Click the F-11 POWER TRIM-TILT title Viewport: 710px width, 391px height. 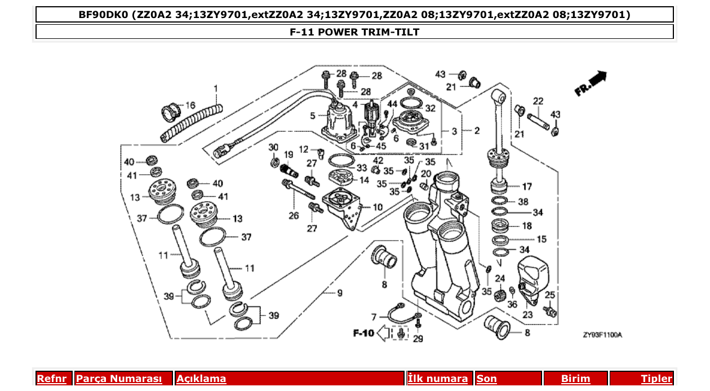[x=354, y=32]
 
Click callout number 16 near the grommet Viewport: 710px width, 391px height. [x=190, y=105]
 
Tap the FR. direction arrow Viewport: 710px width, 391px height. [x=591, y=83]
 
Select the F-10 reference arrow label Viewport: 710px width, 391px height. [x=364, y=334]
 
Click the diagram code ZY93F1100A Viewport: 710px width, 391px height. [x=602, y=335]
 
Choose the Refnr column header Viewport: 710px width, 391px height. [x=52, y=379]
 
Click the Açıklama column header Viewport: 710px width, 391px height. [x=201, y=379]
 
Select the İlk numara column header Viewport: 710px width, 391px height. [x=437, y=379]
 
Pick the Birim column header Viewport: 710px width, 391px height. [x=575, y=379]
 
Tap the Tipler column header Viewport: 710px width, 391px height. [x=656, y=379]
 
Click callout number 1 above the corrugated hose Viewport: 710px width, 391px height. [x=215, y=88]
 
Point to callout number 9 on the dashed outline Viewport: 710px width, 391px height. [x=340, y=293]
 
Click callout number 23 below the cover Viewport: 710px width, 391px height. [x=527, y=315]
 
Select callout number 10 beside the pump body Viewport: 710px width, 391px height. [x=377, y=207]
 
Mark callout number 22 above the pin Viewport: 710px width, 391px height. [x=538, y=101]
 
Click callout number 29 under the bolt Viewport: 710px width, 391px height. [x=418, y=339]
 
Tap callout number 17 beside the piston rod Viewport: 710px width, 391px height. [x=527, y=186]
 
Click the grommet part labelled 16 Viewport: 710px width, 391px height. [x=170, y=110]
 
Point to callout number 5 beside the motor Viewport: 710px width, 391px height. [x=313, y=117]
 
